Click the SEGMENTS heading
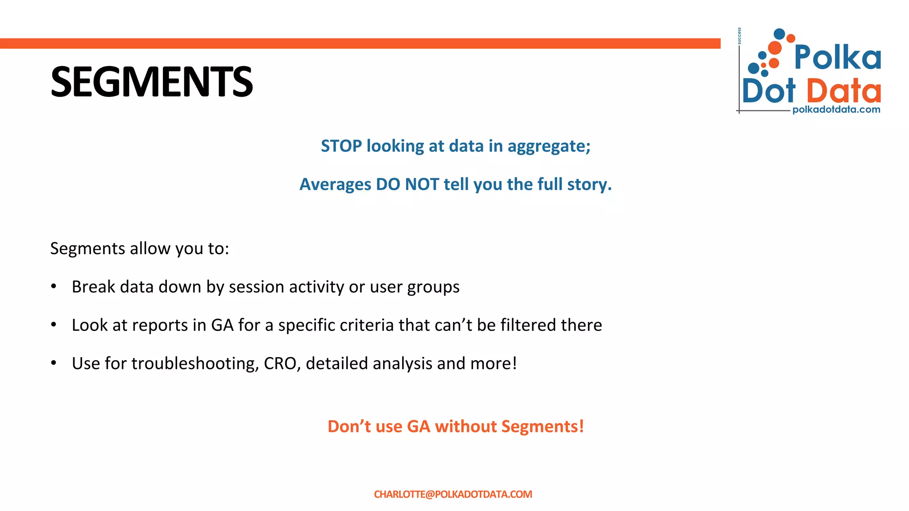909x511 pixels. coord(151,82)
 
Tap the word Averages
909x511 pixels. coord(335,185)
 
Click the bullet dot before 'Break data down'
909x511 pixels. coord(54,287)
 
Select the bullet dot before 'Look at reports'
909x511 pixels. coord(54,325)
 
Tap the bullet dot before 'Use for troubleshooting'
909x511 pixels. coord(54,363)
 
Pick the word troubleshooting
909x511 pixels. coord(194,364)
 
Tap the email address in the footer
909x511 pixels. coord(453,494)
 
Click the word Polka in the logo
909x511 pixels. coord(837,57)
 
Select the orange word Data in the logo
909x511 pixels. coord(843,91)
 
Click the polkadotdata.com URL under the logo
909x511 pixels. coord(836,110)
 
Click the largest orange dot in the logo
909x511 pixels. coord(775,48)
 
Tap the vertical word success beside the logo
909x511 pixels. coord(739,36)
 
